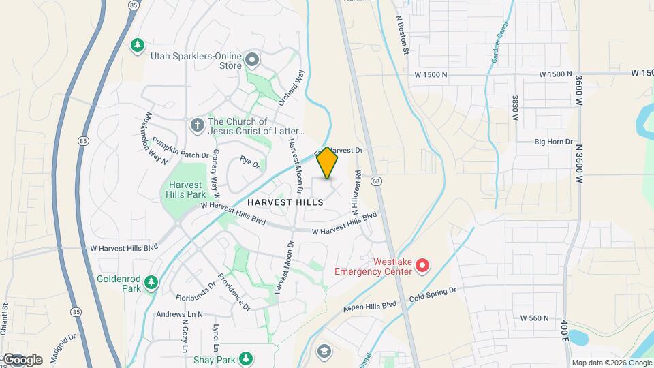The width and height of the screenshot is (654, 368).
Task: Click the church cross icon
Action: pyautogui.click(x=197, y=125)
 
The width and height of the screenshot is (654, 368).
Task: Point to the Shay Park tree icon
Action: pyautogui.click(x=245, y=358)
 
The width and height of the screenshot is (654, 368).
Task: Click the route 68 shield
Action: pyautogui.click(x=375, y=180)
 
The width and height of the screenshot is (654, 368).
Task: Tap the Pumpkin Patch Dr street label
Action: pyautogui.click(x=180, y=147)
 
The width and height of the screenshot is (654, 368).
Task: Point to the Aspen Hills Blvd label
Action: pyautogui.click(x=368, y=307)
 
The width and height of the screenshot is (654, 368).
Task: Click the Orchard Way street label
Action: pyautogui.click(x=291, y=87)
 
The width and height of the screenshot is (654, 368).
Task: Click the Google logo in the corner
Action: pyautogui.click(x=22, y=359)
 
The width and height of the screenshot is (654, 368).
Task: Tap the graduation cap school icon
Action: pyautogui.click(x=324, y=350)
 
